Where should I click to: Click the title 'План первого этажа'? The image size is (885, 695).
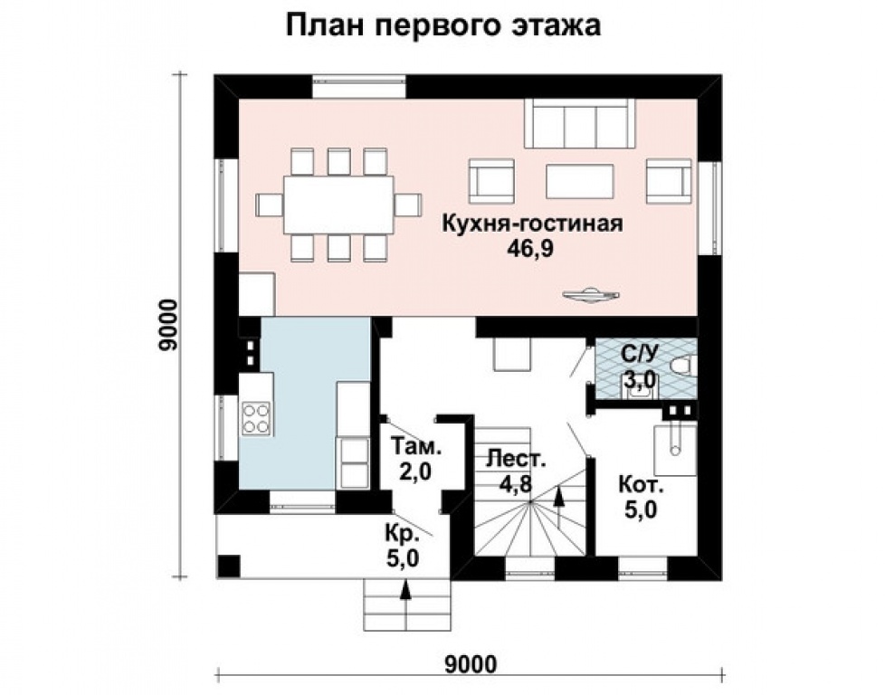tap(443, 25)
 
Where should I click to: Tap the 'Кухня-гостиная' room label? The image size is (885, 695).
tap(532, 223)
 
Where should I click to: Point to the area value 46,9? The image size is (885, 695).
tap(530, 249)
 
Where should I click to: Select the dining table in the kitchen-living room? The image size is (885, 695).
tap(338, 205)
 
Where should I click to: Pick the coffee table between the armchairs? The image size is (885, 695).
tap(580, 181)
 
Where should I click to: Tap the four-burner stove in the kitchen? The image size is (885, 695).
tap(256, 418)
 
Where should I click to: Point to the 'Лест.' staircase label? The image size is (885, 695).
tap(517, 458)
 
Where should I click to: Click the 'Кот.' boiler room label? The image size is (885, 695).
tap(642, 484)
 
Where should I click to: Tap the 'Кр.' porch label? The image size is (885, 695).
tap(403, 534)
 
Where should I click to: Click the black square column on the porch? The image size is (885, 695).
tap(229, 566)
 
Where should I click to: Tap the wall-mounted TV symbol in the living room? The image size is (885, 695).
tap(590, 294)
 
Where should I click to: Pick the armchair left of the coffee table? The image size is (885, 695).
tap(491, 180)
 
